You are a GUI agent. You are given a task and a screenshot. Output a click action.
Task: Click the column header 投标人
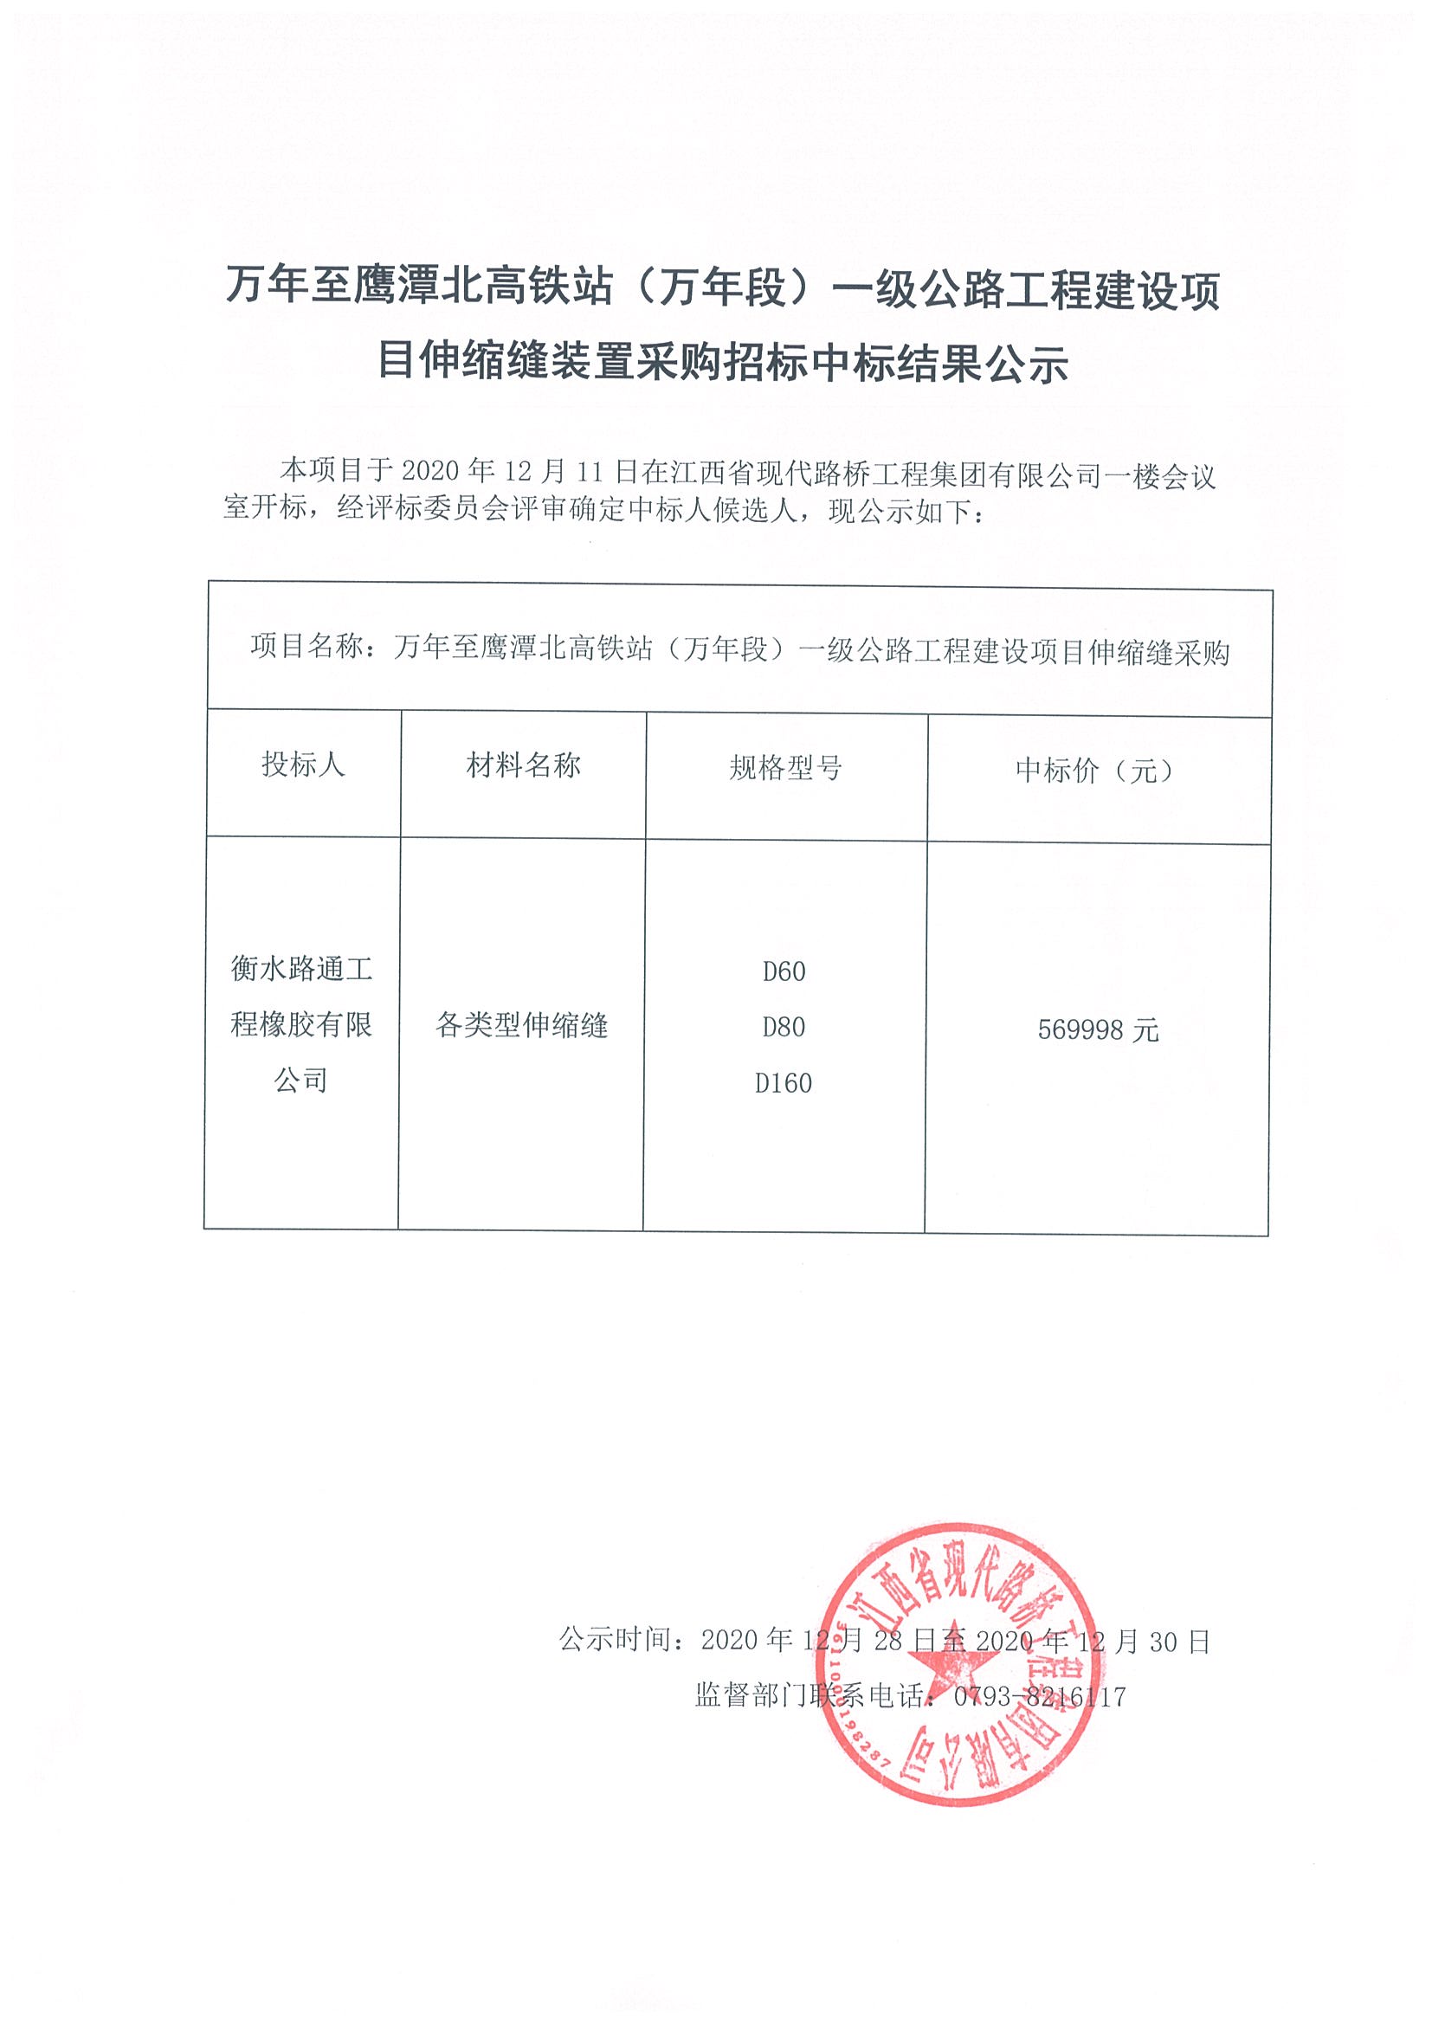303,765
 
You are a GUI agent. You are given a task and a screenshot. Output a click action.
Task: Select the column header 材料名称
523,765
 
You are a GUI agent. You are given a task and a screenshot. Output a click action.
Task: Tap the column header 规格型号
785,768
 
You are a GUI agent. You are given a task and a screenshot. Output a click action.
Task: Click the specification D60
784,971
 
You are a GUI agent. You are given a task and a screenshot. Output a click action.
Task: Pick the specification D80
784,1027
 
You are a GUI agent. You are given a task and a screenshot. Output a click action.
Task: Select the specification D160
784,1083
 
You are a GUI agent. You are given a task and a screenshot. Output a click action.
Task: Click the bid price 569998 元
1098,1029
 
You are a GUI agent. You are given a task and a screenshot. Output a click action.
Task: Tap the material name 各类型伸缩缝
521,1025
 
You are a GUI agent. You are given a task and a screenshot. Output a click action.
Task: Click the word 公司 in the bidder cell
301,1080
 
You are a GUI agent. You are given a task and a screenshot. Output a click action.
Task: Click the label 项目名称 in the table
306,647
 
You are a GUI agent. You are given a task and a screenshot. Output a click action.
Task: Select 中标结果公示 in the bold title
939,363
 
